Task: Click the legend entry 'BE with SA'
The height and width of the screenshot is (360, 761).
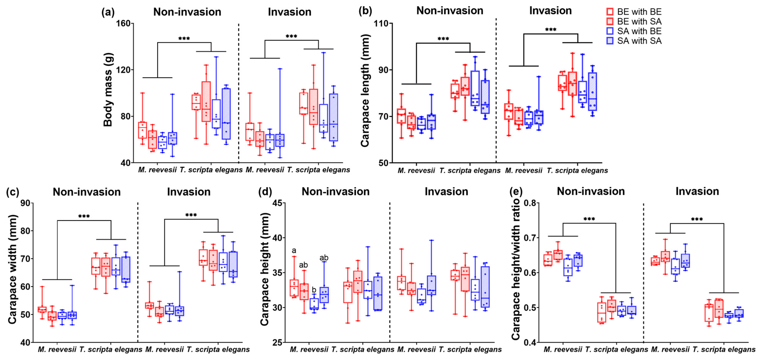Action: tap(639, 21)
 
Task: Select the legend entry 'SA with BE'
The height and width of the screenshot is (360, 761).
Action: tap(639, 31)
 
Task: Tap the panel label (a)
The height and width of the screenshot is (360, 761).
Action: tap(108, 12)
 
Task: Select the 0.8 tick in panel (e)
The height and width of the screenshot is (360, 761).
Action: tap(530, 203)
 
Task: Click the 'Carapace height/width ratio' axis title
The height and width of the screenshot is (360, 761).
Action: tap(516, 269)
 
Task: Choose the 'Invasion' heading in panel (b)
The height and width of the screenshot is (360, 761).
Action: tap(550, 11)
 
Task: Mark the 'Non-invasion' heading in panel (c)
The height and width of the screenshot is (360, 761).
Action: tap(87, 192)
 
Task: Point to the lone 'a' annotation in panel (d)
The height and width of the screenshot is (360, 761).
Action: tap(294, 250)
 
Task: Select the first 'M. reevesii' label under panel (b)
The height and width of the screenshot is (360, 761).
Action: tap(416, 170)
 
